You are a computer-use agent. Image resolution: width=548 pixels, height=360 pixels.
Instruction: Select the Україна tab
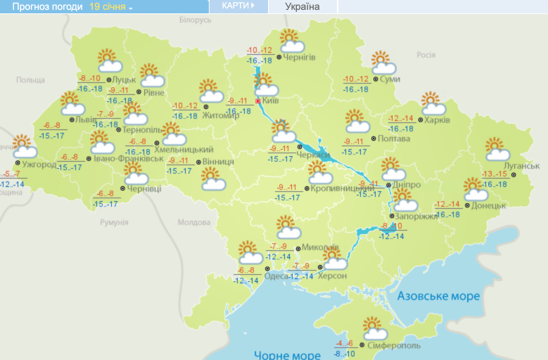tap(302, 7)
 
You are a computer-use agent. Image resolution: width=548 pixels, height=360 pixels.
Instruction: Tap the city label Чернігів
tap(299, 57)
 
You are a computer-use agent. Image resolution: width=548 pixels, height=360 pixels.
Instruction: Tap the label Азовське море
tap(439, 296)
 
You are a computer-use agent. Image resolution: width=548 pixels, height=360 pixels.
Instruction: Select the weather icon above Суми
tap(383, 63)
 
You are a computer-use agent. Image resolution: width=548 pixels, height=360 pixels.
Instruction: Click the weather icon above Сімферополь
tap(376, 328)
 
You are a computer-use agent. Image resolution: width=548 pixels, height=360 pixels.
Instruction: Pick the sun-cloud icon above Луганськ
tap(497, 150)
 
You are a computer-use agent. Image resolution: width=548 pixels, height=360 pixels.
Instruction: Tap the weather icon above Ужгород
tap(24, 146)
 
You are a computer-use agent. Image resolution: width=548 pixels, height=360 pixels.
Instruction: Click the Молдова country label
tap(193, 222)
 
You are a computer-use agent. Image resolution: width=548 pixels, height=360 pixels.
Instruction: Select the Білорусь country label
tap(195, 20)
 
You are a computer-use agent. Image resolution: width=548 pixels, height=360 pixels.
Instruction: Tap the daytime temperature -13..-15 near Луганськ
tap(495, 174)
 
